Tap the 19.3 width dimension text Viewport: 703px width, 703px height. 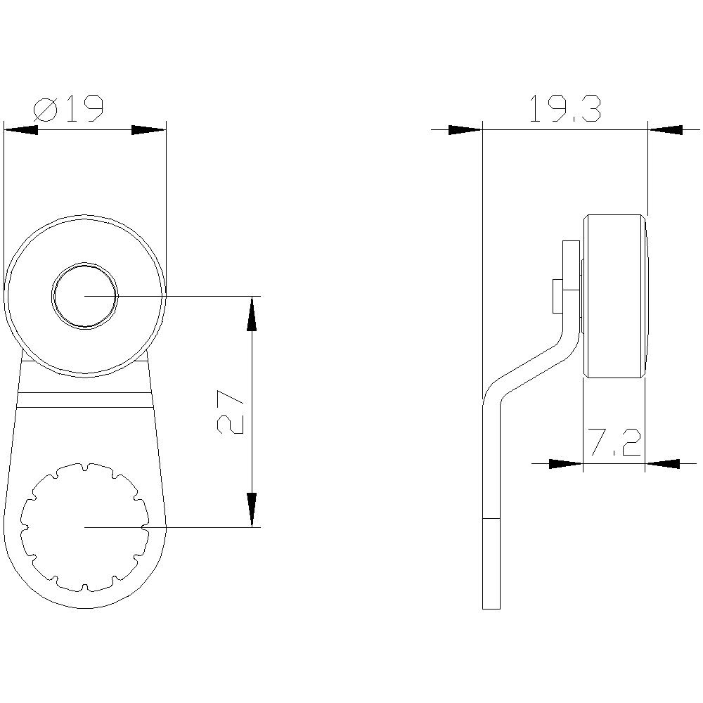tap(565, 110)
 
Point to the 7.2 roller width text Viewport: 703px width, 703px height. tap(613, 444)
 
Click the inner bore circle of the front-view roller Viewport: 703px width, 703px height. tap(85, 296)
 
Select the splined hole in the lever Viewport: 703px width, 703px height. tap(84, 527)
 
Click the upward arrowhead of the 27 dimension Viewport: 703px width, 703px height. tap(252, 313)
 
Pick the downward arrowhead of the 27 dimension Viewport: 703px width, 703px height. tap(252, 510)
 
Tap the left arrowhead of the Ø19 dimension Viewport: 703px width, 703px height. tap(21, 129)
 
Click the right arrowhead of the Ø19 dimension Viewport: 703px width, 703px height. tap(149, 129)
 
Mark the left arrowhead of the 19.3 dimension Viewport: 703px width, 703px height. tap(465, 129)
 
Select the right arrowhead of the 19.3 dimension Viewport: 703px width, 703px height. tap(665, 129)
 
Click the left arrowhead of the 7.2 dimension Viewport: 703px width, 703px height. tap(566, 463)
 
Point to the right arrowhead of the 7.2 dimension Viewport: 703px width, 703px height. tap(662, 463)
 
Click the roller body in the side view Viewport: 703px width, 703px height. tap(613, 296)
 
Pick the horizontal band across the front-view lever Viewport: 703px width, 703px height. tap(84, 399)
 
